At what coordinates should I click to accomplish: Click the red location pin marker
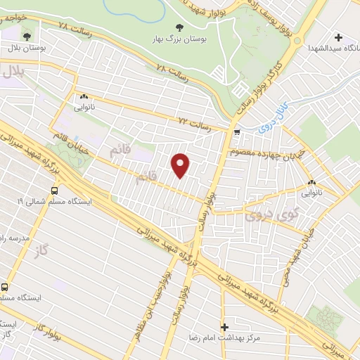181,165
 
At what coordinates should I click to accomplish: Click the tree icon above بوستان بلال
27,35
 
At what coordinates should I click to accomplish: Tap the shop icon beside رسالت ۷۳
238,131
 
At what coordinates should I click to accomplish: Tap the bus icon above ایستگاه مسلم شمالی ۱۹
55,189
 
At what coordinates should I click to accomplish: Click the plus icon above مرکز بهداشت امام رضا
224,327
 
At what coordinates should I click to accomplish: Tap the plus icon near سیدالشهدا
339,37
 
